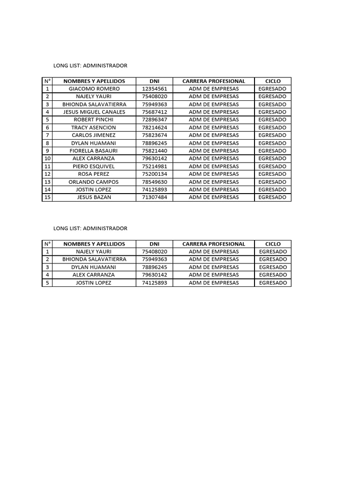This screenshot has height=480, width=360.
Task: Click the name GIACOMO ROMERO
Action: pyautogui.click(x=94, y=89)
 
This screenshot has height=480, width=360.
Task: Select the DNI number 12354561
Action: pyautogui.click(x=154, y=89)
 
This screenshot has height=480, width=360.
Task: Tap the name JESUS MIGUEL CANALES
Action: pyautogui.click(x=94, y=112)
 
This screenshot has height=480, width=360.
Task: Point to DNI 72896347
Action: pyautogui.click(x=154, y=120)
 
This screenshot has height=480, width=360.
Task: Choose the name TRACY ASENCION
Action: pyautogui.click(x=94, y=127)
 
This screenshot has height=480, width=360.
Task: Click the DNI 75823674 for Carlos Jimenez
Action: pyautogui.click(x=154, y=135)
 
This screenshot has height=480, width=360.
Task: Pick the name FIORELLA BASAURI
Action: pyautogui.click(x=94, y=151)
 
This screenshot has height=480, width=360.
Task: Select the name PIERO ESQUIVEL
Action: pyautogui.click(x=94, y=166)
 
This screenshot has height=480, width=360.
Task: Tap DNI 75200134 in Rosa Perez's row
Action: pyautogui.click(x=154, y=174)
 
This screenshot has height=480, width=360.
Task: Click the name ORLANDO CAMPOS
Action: pyautogui.click(x=94, y=182)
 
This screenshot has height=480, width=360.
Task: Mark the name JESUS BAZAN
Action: pyautogui.click(x=94, y=197)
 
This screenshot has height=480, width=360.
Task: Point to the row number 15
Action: pyautogui.click(x=47, y=197)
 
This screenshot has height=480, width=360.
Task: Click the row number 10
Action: pyautogui.click(x=47, y=158)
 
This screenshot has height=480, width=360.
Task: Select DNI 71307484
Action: pyautogui.click(x=154, y=197)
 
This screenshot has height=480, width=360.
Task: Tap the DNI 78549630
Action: pyautogui.click(x=154, y=182)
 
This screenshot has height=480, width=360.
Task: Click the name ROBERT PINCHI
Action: pyautogui.click(x=94, y=120)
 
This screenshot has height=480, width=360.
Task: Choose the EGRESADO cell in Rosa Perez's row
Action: pyautogui.click(x=272, y=174)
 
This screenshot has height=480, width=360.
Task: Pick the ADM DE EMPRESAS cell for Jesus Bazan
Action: pyautogui.click(x=214, y=197)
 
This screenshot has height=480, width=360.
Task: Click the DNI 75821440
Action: pyautogui.click(x=154, y=151)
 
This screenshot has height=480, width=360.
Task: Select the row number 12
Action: pyautogui.click(x=47, y=174)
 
